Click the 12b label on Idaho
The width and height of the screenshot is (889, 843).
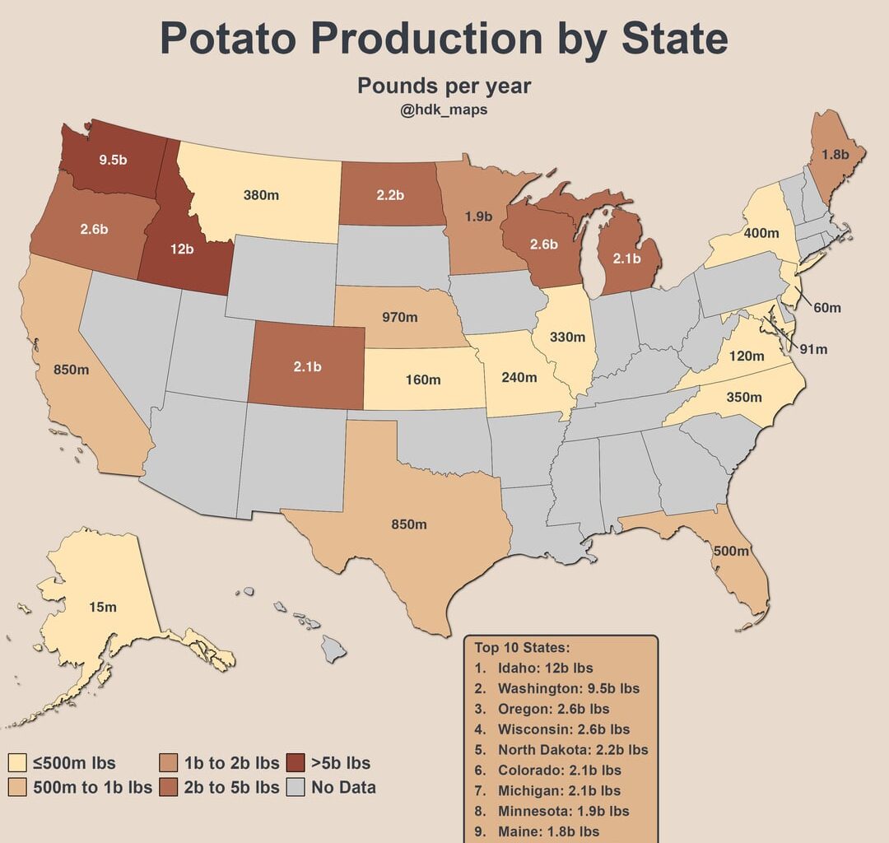(x=182, y=249)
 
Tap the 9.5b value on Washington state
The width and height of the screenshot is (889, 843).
(x=113, y=160)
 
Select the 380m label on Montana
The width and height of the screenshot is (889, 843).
(x=261, y=195)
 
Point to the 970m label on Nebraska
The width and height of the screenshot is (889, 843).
(x=399, y=315)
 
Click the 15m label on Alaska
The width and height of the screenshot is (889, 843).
(x=103, y=607)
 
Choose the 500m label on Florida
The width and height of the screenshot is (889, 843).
(x=731, y=551)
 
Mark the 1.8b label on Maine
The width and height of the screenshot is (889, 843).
(x=836, y=154)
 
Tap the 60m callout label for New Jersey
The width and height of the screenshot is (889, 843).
(x=827, y=307)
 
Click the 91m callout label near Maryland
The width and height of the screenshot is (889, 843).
(x=813, y=349)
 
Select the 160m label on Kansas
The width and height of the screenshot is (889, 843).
(x=423, y=380)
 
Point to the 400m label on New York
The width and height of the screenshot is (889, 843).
(x=761, y=233)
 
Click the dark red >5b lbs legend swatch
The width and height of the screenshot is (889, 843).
(x=296, y=762)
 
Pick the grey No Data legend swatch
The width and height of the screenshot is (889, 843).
(x=296, y=787)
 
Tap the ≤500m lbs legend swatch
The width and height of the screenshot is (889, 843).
(x=17, y=762)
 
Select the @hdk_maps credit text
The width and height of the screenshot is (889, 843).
(x=444, y=109)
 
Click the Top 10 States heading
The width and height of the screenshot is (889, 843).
(x=522, y=647)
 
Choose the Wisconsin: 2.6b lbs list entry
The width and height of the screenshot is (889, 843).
(x=564, y=729)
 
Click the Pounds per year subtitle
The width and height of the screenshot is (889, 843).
(x=444, y=86)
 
